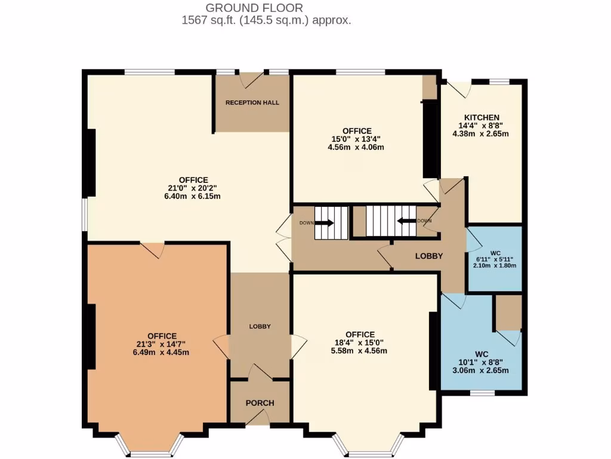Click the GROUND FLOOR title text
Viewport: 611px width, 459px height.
tap(254, 8)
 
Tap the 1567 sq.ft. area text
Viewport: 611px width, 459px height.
tap(266, 20)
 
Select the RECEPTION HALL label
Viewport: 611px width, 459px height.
tap(252, 103)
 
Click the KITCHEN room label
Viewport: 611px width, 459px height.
tap(482, 117)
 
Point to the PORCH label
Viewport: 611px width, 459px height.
tap(260, 403)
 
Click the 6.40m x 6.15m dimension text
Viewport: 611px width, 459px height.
tap(193, 196)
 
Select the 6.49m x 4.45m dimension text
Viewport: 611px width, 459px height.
tap(162, 352)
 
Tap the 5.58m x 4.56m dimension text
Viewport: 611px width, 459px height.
tap(360, 351)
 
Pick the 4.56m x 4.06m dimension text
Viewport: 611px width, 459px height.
tap(357, 147)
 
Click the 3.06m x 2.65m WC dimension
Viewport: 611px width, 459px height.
tap(481, 370)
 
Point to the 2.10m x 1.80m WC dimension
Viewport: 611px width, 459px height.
tap(495, 265)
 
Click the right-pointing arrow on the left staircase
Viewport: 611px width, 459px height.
tap(325, 222)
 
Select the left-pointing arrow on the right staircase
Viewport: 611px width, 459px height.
tap(406, 221)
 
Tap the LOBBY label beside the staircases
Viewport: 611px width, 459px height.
tap(429, 256)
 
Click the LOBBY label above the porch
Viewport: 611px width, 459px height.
tap(260, 326)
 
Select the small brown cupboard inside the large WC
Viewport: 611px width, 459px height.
tap(509, 311)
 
